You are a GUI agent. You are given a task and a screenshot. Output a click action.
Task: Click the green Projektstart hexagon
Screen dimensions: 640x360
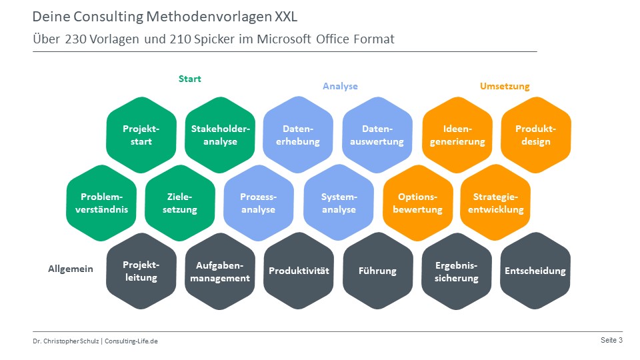[x=141, y=135]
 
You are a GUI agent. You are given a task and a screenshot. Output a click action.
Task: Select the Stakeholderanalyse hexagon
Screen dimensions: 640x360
[x=220, y=135]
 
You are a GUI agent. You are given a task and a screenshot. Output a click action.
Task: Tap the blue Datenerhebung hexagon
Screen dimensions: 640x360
[x=298, y=135]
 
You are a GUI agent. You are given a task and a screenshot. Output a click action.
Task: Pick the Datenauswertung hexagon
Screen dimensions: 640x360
[x=377, y=135]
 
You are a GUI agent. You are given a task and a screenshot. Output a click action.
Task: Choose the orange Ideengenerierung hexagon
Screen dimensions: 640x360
[x=457, y=135]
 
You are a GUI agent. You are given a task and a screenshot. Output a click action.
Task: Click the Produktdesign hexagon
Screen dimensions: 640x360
[x=536, y=135]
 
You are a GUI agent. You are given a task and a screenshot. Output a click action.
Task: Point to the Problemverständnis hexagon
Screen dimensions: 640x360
[x=101, y=203]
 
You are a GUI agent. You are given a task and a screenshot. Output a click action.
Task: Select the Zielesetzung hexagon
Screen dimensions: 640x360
[x=180, y=203]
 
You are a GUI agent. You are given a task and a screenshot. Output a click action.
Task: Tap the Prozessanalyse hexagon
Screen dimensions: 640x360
[x=259, y=203]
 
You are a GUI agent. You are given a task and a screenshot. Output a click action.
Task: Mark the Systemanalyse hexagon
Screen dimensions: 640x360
[x=339, y=203]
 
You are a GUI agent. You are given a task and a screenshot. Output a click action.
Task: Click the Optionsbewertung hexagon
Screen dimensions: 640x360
[x=417, y=203]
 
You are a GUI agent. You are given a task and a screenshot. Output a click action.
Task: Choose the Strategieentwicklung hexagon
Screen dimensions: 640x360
[x=495, y=203]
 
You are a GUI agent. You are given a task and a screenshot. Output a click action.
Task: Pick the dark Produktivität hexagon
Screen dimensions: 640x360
[x=299, y=271]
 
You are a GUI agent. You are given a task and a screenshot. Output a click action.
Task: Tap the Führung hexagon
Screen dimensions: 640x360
[x=377, y=271]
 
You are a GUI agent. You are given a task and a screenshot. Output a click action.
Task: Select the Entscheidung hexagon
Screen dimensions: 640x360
[x=535, y=271]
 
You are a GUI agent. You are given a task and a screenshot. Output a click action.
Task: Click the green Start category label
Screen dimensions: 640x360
[x=190, y=79]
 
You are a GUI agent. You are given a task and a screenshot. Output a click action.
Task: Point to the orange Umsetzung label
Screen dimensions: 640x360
[x=505, y=86]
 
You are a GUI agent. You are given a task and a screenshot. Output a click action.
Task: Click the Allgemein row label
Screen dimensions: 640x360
[x=71, y=269]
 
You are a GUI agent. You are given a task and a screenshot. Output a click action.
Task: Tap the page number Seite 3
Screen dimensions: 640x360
[x=611, y=340]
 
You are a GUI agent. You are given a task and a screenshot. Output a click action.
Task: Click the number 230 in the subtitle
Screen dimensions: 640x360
[x=76, y=39]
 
